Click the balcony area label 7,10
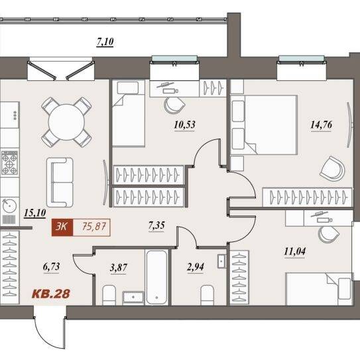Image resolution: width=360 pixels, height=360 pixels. [105, 42]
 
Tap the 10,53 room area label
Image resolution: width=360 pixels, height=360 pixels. [184, 125]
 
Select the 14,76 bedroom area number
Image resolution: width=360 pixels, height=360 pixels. [321, 125]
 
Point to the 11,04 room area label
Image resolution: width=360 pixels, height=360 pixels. [295, 252]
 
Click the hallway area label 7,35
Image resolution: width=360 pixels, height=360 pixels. [156, 225]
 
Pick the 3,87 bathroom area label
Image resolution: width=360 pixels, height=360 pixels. [119, 268]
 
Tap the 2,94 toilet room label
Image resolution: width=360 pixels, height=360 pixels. [196, 267]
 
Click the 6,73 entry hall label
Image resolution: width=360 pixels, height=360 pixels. [51, 267]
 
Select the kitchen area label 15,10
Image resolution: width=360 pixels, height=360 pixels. [35, 213]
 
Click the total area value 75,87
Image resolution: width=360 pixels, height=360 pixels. [94, 227]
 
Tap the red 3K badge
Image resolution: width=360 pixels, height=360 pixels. [62, 227]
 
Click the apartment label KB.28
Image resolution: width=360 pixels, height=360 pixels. [51, 294]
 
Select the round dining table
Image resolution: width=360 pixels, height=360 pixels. [66, 122]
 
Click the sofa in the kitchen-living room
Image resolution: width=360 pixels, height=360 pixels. [60, 182]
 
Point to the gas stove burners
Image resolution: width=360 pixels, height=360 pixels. [10, 162]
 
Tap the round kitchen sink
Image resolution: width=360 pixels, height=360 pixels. [9, 206]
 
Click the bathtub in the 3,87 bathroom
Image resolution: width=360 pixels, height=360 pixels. [156, 277]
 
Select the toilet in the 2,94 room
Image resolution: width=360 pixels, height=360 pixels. [207, 295]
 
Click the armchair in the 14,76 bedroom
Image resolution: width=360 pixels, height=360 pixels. [332, 168]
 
